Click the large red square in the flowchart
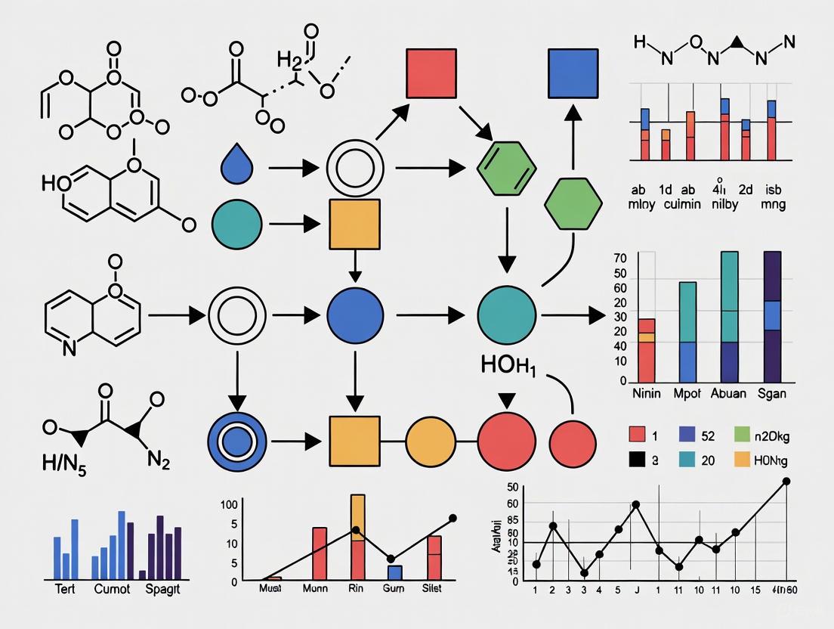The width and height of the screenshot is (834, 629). tap(431, 74)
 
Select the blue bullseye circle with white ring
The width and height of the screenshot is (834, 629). tap(238, 439)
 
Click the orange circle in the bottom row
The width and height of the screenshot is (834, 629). tap(431, 439)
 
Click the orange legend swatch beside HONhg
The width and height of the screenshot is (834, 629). tap(742, 460)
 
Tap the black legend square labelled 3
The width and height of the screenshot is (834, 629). tap(637, 460)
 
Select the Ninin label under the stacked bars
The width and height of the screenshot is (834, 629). tap(647, 394)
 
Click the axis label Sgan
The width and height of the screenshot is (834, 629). tap(771, 394)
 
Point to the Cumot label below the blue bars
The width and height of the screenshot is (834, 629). tap(112, 589)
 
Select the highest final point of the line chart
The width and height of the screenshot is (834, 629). tap(786, 481)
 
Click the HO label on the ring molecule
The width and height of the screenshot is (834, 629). tap(54, 182)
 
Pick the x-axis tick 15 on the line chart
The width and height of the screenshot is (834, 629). tap(755, 589)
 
